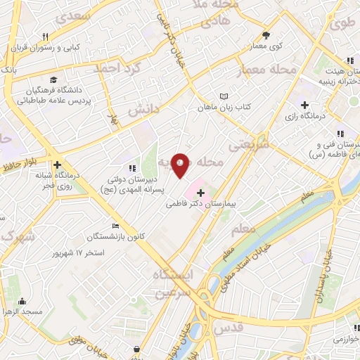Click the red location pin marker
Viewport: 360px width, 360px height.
tap(181, 165)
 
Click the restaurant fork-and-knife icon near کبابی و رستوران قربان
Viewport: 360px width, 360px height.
tap(46, 37)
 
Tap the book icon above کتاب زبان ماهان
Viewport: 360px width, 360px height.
tap(224, 96)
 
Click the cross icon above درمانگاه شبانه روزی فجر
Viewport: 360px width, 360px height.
tap(57, 165)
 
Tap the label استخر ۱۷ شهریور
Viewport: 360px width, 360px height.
tap(98, 252)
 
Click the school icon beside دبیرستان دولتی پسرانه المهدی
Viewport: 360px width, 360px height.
tap(131, 168)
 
